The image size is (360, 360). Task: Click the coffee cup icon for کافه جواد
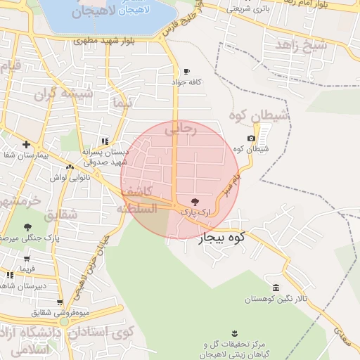tap(186, 72)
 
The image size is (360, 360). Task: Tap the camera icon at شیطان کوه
tap(252, 139)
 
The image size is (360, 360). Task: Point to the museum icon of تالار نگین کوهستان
tap(276, 288)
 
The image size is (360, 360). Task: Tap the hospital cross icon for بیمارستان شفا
tap(26, 144)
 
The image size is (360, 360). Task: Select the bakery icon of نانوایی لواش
tap(70, 167)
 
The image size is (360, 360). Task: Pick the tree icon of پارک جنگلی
tap(27, 227)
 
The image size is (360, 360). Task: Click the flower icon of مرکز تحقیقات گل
tap(234, 333)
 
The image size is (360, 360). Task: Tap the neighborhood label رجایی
tap(179, 129)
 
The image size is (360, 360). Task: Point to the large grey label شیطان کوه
tap(258, 115)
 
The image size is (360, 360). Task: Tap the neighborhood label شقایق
tap(61, 214)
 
